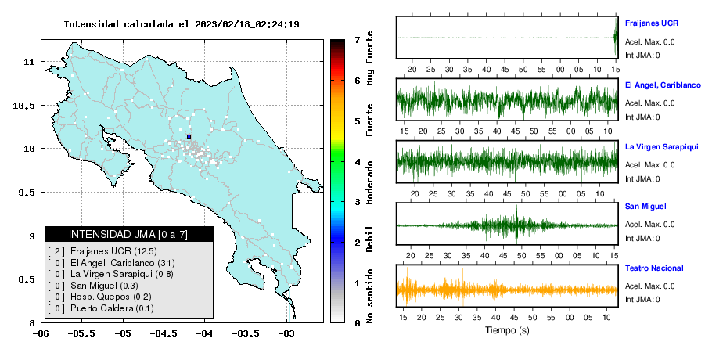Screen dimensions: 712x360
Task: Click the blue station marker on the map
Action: point(189,136)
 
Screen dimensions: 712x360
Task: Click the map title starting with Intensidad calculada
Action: point(182,24)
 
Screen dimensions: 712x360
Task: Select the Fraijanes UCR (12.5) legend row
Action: point(102,251)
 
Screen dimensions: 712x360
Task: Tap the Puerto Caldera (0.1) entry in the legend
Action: point(100,308)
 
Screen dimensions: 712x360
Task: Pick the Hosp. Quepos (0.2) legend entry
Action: point(99,297)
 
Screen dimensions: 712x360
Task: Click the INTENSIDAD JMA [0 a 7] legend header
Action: point(128,234)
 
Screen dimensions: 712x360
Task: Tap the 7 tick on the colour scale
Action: point(358,40)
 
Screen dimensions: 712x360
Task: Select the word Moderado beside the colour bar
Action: point(369,182)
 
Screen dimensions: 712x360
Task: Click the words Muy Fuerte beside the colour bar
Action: point(369,58)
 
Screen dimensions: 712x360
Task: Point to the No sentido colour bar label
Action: point(369,296)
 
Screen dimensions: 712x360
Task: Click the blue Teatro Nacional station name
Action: point(654,268)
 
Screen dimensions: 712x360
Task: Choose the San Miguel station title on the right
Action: point(645,207)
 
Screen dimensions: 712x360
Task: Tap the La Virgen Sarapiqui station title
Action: point(662,147)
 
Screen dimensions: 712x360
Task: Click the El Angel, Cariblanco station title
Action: point(663,85)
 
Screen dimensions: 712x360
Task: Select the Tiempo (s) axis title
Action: point(507,330)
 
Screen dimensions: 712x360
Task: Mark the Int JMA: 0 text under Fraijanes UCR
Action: point(642,56)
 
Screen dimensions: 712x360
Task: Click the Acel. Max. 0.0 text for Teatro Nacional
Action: point(649,286)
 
